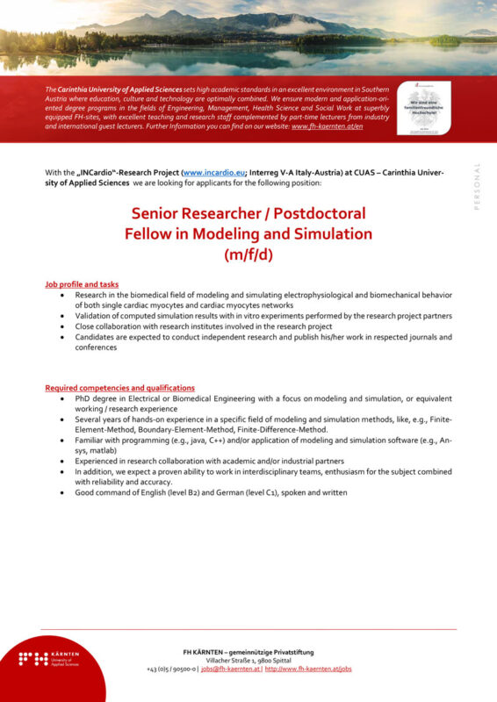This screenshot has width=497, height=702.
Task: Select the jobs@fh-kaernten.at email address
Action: pos(230,669)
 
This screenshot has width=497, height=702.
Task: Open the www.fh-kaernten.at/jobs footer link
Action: pos(308,669)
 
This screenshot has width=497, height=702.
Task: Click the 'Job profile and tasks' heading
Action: pos(82,284)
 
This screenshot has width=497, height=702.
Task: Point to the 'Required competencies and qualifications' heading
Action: pos(119,388)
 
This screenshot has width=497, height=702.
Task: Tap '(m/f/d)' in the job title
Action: pos(248,254)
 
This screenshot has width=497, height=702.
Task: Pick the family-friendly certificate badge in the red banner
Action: pos(424,108)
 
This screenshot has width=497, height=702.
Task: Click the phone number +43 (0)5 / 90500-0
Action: pos(171,669)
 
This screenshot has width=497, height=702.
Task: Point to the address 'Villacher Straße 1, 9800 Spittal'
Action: pos(248,660)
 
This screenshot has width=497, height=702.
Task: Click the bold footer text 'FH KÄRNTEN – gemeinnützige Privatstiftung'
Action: pos(248,651)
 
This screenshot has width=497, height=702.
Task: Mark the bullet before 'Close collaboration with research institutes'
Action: pos(62,326)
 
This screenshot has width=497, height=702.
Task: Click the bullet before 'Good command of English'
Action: pos(62,492)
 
